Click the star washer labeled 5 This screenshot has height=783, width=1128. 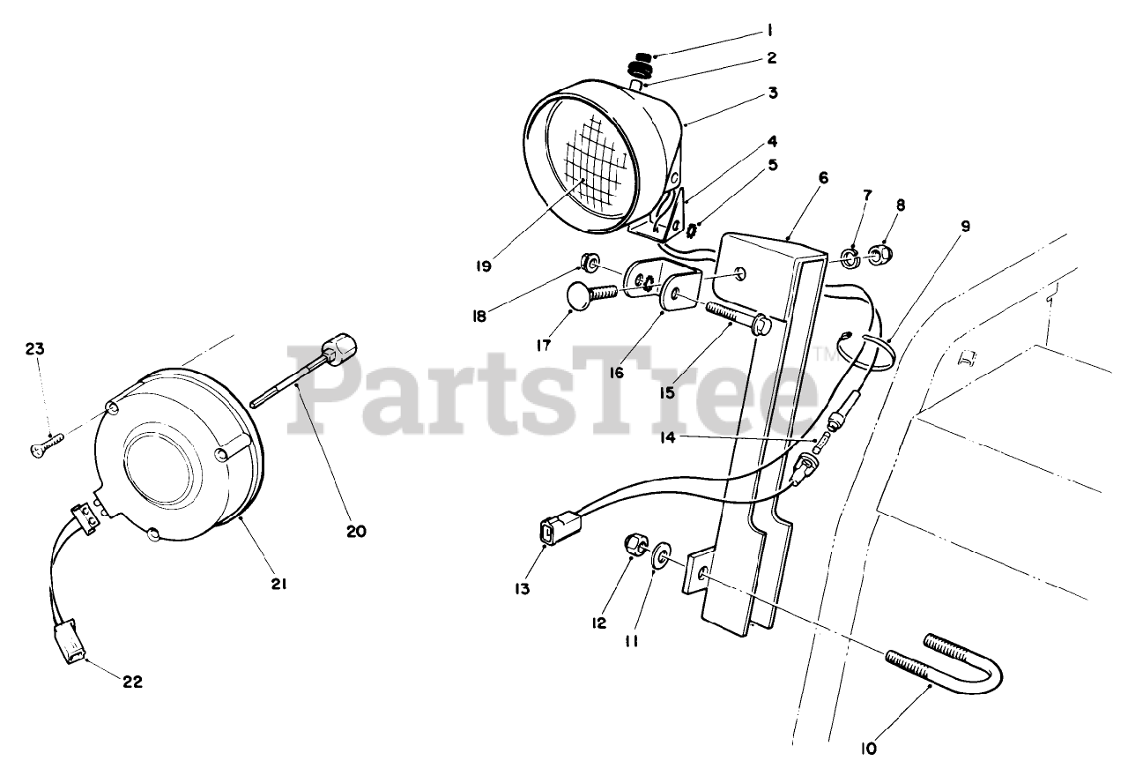pyautogui.click(x=690, y=231)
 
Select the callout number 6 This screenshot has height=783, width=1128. pyautogui.click(x=823, y=177)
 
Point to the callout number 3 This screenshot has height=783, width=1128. pyautogui.click(x=771, y=92)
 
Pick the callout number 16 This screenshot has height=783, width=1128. pyautogui.click(x=615, y=372)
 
